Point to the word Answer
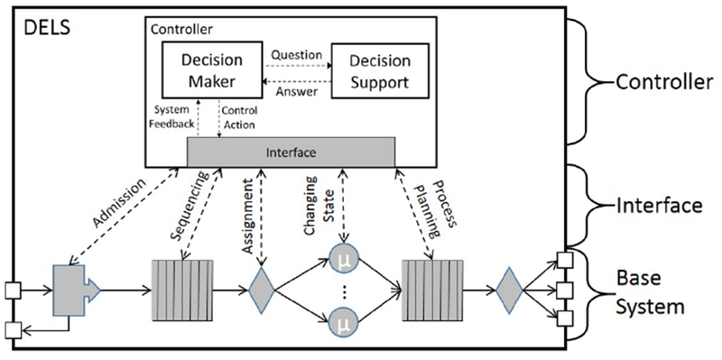(x=295, y=91)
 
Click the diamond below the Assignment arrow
(x=261, y=291)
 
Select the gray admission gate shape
(x=74, y=291)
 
